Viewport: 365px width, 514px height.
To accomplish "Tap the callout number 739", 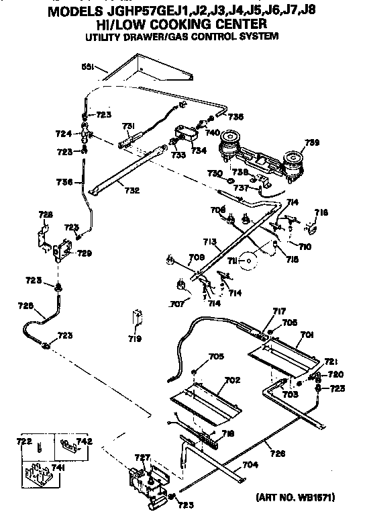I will (x=313, y=142).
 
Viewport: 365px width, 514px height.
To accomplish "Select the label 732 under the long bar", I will (x=132, y=190).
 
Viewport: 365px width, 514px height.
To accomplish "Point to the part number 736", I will (x=64, y=182).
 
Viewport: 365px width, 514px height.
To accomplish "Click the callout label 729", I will (x=85, y=253).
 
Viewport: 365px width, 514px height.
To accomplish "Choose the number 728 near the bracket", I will (x=45, y=214).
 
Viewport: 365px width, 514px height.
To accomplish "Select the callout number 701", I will (x=307, y=333).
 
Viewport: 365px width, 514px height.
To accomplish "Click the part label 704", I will (x=249, y=464).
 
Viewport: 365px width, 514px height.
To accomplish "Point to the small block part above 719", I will (x=137, y=316).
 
